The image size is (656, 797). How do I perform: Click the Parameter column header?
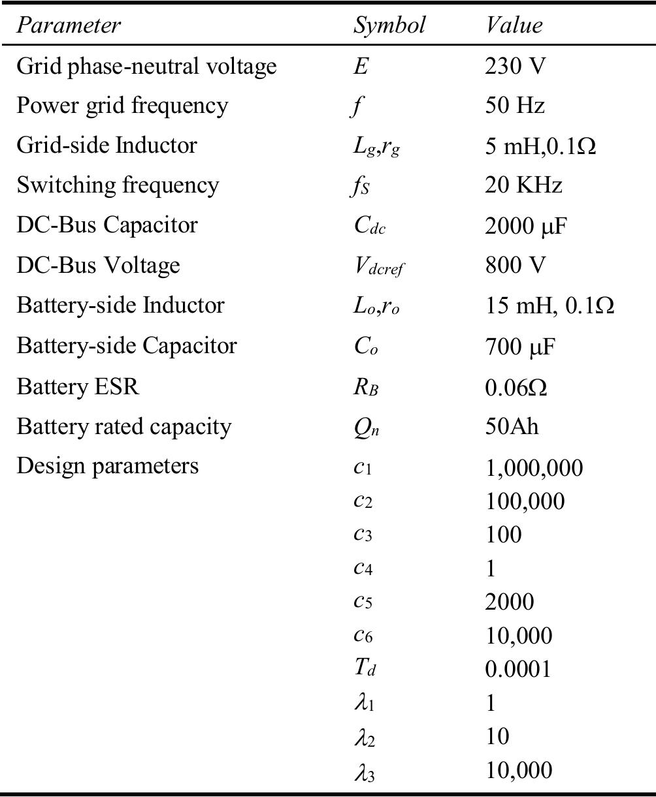(x=69, y=25)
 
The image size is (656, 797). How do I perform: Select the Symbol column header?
(x=389, y=25)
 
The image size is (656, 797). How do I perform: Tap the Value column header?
(x=514, y=25)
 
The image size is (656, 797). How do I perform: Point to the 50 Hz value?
(x=515, y=105)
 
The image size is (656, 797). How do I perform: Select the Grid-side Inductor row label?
(x=107, y=145)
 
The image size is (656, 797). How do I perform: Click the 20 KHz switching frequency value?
(x=523, y=185)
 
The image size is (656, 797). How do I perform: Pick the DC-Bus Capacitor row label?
(x=107, y=225)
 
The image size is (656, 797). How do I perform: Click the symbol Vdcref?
(x=378, y=266)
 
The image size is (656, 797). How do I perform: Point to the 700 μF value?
(x=519, y=346)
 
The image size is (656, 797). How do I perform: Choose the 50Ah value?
(x=512, y=426)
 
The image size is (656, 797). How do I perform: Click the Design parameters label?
(x=107, y=466)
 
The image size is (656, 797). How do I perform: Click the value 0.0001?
(x=518, y=669)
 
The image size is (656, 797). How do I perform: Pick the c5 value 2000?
(x=510, y=602)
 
